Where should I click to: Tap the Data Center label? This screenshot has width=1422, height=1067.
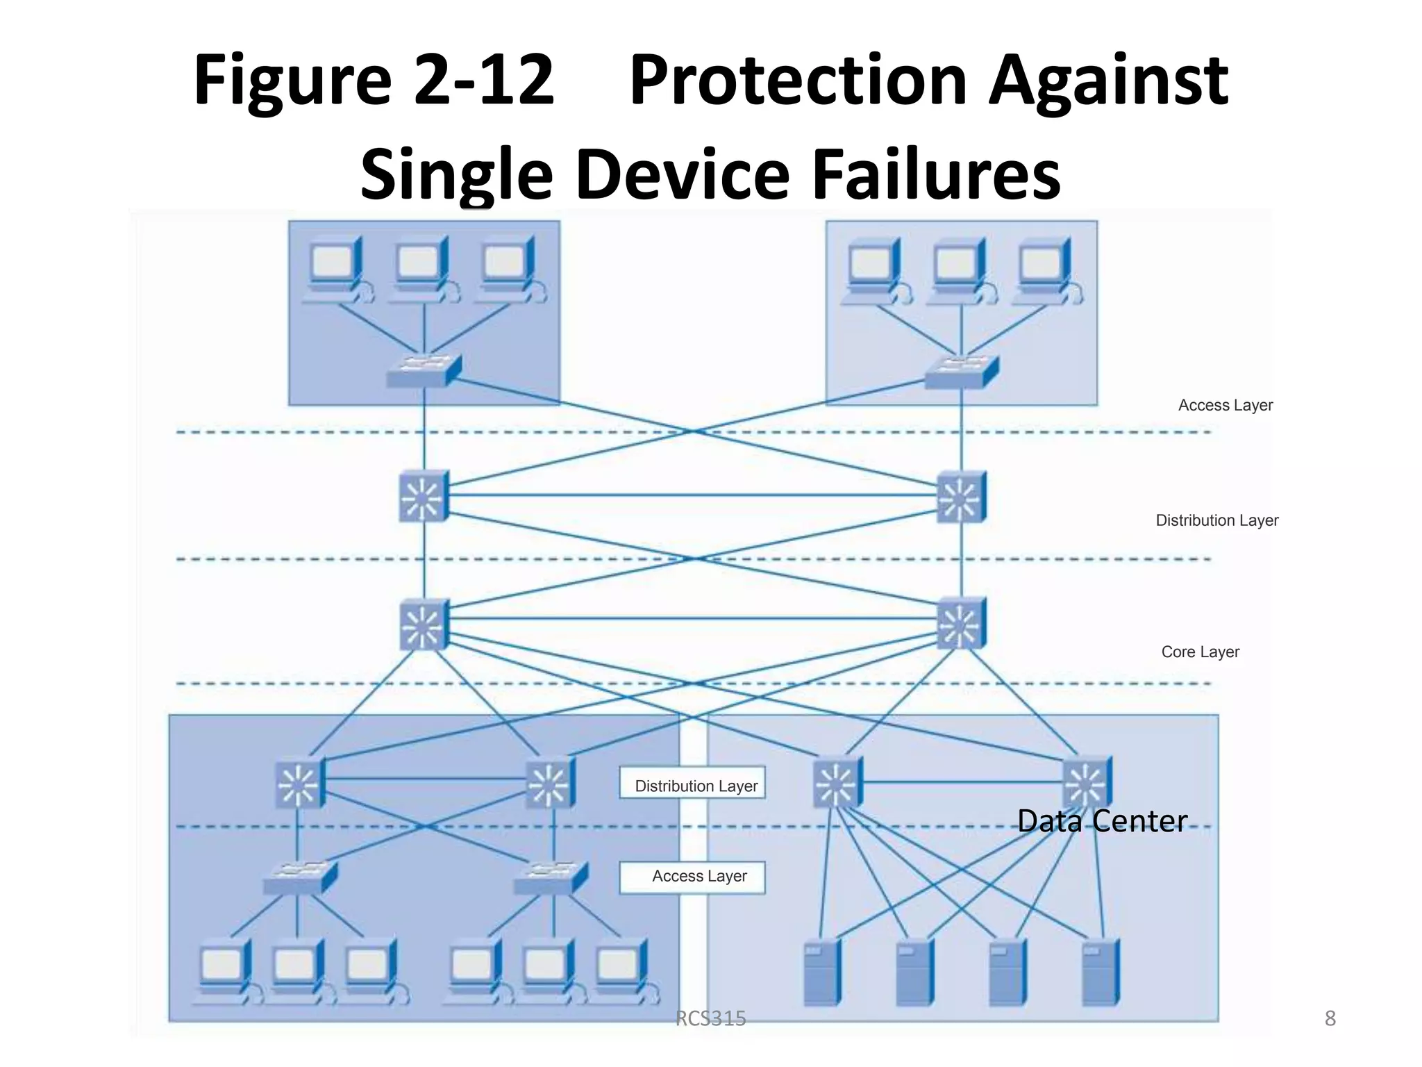tap(1102, 821)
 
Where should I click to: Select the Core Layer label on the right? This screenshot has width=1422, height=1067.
tap(1200, 652)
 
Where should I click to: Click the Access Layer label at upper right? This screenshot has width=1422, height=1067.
tap(1225, 405)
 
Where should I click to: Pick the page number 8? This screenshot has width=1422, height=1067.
tap(1330, 1018)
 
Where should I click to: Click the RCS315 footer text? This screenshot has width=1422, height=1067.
tap(710, 1018)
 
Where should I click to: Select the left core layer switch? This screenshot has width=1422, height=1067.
tap(424, 625)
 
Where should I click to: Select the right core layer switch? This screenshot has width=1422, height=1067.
tap(961, 623)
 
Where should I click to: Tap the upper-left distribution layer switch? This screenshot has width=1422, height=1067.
tap(424, 496)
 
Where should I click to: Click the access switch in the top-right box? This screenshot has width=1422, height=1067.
tap(962, 372)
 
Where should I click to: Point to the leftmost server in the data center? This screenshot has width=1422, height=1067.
tap(821, 973)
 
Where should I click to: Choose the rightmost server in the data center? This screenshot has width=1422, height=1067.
tap(1101, 973)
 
